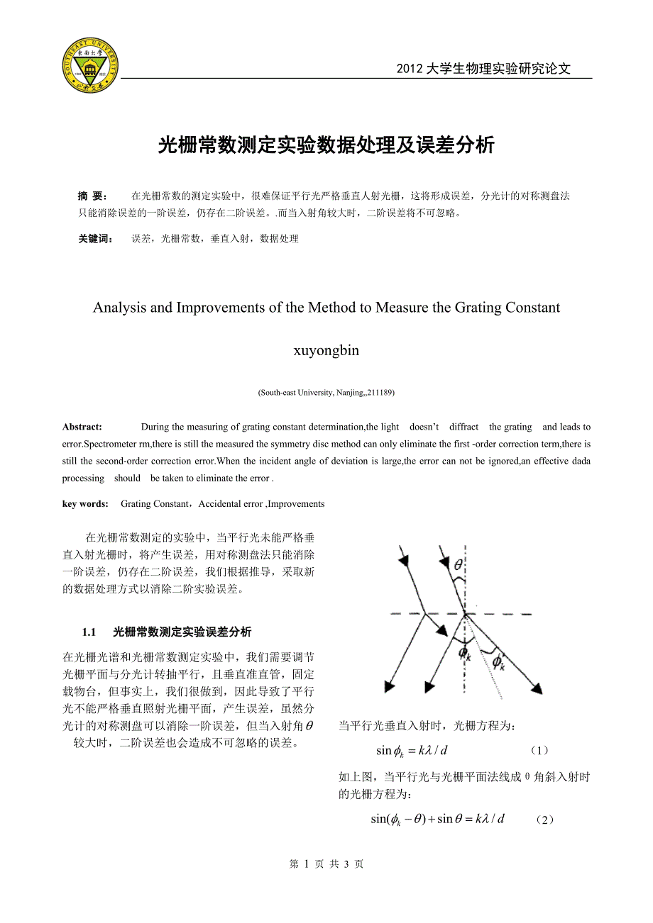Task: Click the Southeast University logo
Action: [x=90, y=66]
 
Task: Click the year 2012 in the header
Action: [x=409, y=69]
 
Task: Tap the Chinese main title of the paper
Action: [x=326, y=145]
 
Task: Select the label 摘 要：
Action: [x=92, y=196]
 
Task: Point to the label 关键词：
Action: [x=96, y=239]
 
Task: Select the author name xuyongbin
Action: [x=326, y=350]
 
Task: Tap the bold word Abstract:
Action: [x=82, y=427]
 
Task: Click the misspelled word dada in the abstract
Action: [x=581, y=461]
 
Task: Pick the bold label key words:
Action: [x=85, y=504]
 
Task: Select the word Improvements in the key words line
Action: [x=297, y=504]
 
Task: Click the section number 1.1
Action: [x=89, y=632]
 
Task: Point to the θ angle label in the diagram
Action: [x=458, y=564]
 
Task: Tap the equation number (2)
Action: [x=544, y=819]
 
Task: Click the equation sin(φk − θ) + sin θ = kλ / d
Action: [x=437, y=819]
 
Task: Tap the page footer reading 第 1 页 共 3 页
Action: [x=326, y=864]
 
